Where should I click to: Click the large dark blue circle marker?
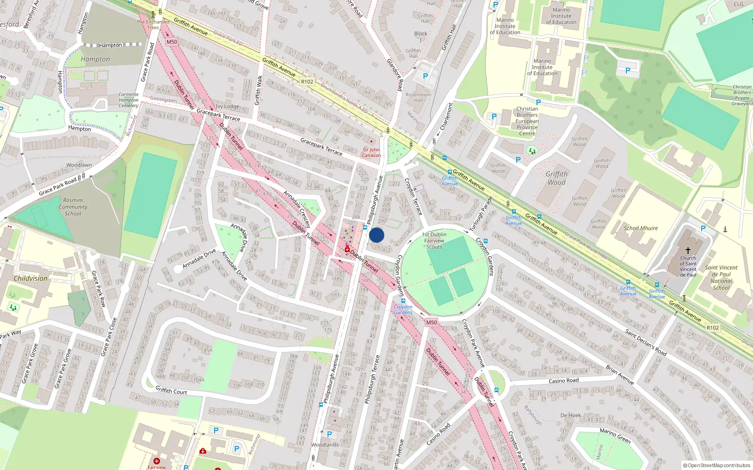(x=376, y=235)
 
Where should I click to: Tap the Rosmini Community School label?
(x=73, y=207)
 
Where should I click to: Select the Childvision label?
(x=30, y=278)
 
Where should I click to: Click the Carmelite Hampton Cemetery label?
(x=128, y=100)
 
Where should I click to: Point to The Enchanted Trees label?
(x=153, y=24)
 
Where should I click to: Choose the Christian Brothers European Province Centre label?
(x=527, y=121)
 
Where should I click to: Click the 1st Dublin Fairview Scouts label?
(x=434, y=241)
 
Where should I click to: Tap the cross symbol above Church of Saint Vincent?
(x=688, y=251)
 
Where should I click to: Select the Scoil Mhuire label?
(x=641, y=228)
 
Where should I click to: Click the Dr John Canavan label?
(x=371, y=152)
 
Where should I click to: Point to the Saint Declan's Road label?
(x=646, y=342)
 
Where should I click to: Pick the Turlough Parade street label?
(x=481, y=214)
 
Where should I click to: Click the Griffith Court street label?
(x=171, y=391)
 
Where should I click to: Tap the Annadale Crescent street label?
(x=297, y=209)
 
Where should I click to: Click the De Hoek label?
(x=570, y=415)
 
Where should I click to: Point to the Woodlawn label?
(x=79, y=165)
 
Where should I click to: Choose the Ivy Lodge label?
(x=228, y=107)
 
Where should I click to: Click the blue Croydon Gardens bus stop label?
(x=403, y=309)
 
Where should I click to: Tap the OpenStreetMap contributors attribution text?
(x=717, y=465)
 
